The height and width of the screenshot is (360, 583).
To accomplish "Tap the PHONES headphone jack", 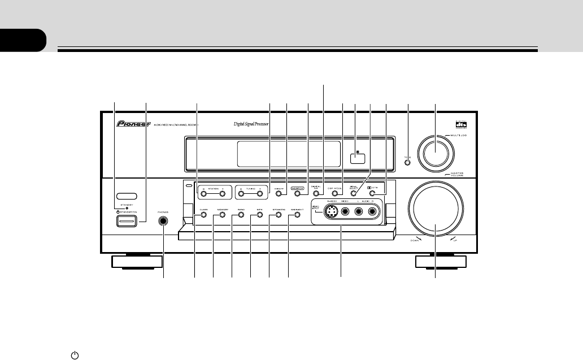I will [x=164, y=221].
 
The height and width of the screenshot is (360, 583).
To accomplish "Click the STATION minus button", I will [x=205, y=194].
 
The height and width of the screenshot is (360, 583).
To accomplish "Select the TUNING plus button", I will [x=262, y=194].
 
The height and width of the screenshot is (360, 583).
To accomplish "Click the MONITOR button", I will [x=297, y=194].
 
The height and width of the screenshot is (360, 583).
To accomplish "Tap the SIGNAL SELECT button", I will [x=353, y=194].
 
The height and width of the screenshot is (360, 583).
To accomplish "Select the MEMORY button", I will [x=215, y=214].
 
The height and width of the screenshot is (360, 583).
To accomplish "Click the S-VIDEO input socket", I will [x=333, y=213].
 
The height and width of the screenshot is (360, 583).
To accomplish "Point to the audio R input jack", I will [x=372, y=213].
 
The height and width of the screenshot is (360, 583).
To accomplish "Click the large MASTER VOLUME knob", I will [x=436, y=209].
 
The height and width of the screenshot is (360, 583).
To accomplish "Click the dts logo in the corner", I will [x=462, y=126].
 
